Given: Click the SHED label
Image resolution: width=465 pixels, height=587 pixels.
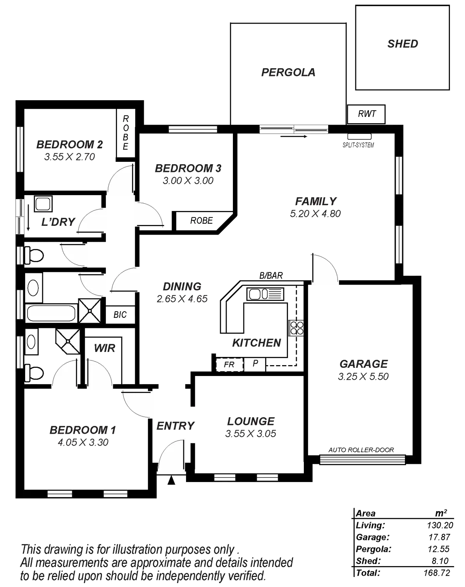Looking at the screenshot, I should [403, 44].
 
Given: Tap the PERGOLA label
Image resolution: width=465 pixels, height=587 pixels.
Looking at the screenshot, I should [288, 72].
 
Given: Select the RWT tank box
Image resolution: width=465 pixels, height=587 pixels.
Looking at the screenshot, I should [366, 114].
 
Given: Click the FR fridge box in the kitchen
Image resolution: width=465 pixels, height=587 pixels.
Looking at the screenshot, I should [229, 365].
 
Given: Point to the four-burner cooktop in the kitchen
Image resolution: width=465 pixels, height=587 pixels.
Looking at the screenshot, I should [298, 328].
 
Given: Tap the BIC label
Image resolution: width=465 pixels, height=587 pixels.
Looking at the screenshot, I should [120, 315].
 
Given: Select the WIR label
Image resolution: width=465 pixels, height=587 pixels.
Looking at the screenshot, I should [105, 348].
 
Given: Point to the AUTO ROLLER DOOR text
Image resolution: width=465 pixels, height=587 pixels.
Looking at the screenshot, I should [361, 450].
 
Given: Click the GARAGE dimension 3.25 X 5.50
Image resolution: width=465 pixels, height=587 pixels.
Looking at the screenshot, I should [363, 376].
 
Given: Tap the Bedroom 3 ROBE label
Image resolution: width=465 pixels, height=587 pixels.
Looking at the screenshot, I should [201, 221].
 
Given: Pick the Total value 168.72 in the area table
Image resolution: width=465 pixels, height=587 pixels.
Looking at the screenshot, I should [437, 572].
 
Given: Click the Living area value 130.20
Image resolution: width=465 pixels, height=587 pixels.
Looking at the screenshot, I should [437, 525].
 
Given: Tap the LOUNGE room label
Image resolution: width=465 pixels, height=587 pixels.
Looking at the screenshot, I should [251, 421].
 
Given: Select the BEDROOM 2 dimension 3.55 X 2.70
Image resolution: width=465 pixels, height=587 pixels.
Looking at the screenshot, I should [70, 157].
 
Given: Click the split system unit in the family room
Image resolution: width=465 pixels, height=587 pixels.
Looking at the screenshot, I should [359, 137].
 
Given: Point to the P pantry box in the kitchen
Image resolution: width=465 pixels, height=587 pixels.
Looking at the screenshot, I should [255, 364].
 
